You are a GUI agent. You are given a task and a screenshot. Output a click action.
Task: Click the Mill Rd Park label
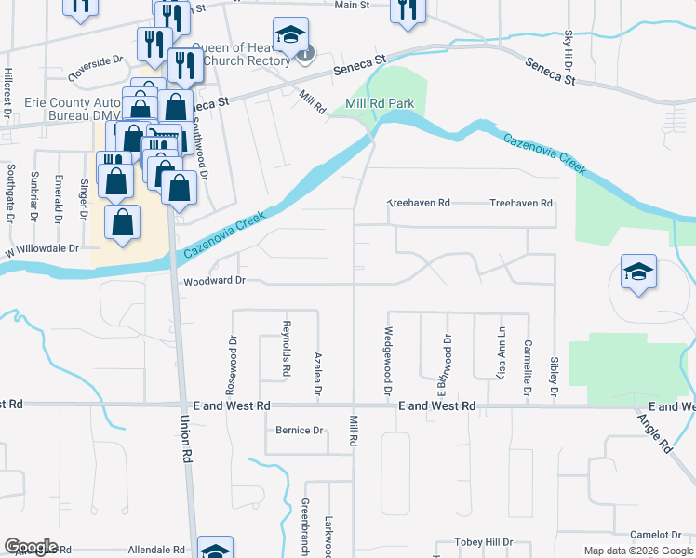pos(379,103)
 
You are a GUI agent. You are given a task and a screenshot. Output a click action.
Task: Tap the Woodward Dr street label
pos(214,280)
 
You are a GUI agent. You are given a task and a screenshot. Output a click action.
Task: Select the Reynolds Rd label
pos(287,350)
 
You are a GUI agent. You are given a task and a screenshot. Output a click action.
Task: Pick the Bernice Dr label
pos(299,431)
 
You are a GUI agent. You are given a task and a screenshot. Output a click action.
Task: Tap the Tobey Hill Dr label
pos(483,542)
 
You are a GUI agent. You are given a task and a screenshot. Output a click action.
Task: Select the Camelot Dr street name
pos(655,535)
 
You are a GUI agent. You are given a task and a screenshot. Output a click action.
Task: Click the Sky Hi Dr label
pos(569,52)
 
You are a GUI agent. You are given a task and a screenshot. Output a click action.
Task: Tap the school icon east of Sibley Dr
pos(639,272)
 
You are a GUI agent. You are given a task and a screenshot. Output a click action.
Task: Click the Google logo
pos(32,547)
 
